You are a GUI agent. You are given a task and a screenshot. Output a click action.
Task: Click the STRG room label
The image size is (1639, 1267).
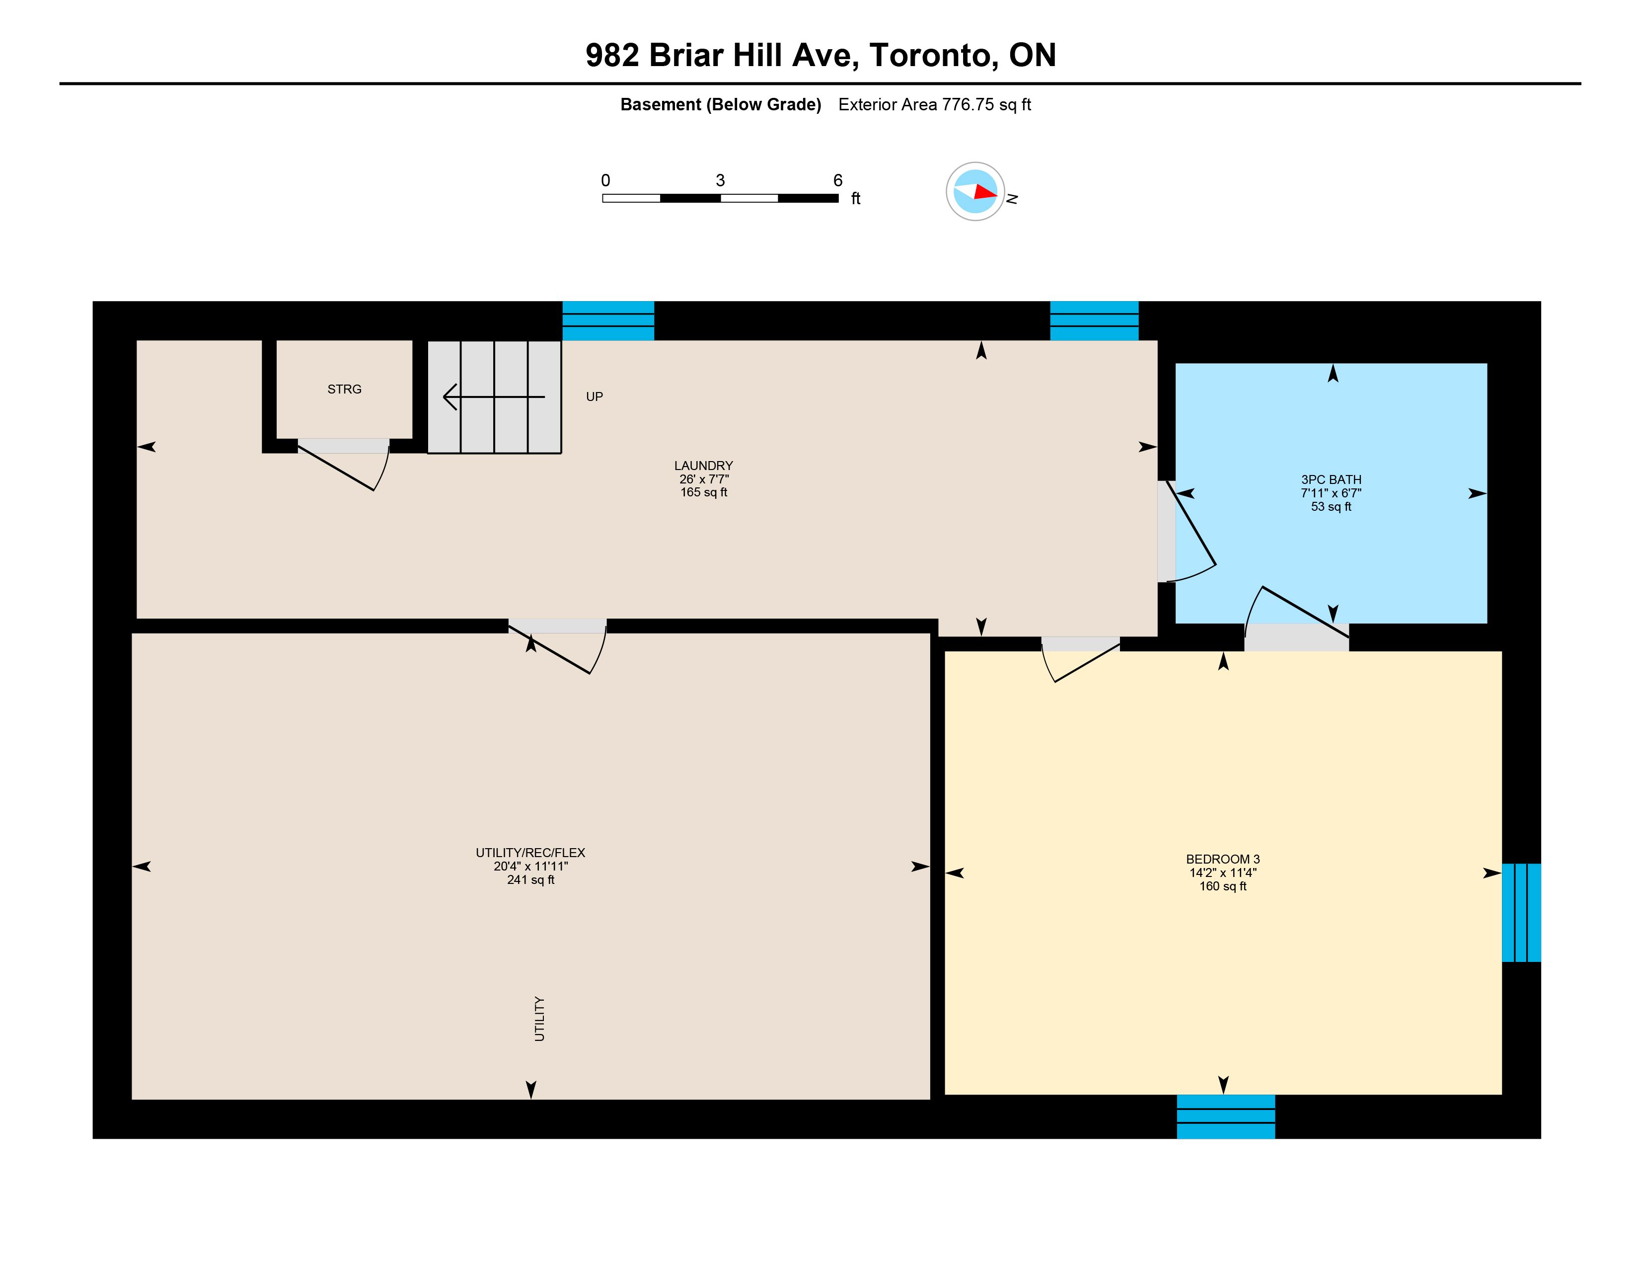[x=345, y=389]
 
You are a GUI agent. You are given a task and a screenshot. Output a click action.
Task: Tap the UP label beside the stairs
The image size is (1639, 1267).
[x=595, y=396]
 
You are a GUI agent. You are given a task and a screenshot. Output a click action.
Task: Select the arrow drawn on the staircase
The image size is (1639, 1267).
[x=494, y=396]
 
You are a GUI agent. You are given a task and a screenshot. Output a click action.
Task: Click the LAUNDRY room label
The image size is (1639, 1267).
[x=703, y=466]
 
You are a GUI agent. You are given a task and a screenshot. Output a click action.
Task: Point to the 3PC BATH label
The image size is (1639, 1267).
[x=1331, y=479]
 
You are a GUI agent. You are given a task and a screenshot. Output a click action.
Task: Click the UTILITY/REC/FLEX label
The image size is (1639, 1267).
[x=530, y=853]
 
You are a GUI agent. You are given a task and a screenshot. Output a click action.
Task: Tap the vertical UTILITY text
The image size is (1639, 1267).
[x=539, y=1019]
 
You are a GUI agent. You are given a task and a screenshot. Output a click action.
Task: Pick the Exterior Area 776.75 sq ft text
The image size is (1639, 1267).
[x=934, y=104]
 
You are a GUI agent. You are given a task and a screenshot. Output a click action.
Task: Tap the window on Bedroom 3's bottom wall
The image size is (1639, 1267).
[x=1225, y=1116]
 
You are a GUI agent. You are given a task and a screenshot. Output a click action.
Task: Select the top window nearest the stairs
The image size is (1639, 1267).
[x=608, y=320]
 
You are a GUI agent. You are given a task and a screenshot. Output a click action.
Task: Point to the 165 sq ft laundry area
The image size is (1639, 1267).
[x=704, y=492]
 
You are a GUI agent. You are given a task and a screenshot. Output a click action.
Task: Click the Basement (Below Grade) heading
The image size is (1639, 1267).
[x=721, y=105]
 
